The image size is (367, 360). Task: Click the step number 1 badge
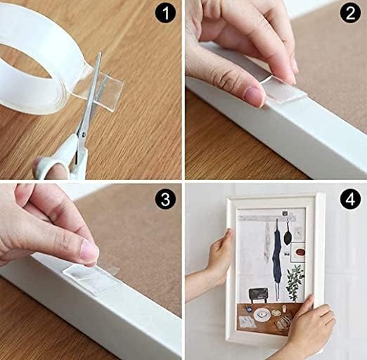point(165,13)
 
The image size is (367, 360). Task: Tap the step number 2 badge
point(349,14)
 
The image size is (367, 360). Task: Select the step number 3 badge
point(165,199)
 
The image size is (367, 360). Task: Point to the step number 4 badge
point(349,199)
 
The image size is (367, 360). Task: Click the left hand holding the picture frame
point(218,257)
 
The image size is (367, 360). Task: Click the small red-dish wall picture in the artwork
point(299,250)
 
